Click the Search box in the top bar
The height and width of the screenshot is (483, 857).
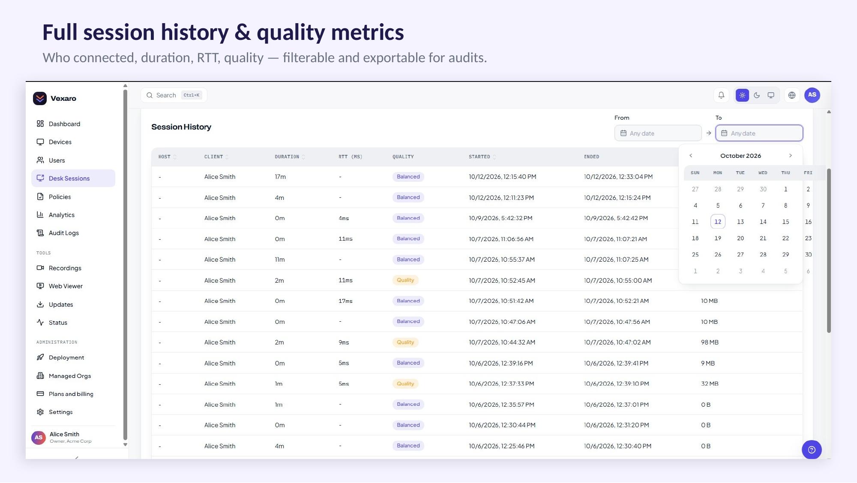click(174, 95)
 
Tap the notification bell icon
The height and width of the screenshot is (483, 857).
click(721, 95)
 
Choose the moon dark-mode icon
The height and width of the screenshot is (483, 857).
click(757, 95)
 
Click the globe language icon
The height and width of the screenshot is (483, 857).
click(792, 95)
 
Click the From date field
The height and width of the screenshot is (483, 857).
click(658, 133)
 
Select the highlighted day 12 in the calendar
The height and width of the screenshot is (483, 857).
click(718, 222)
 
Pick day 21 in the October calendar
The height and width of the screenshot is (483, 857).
click(763, 238)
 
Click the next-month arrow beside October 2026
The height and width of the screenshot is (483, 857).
click(791, 156)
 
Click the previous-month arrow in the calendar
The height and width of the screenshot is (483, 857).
click(691, 156)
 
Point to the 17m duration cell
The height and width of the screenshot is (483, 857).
click(280, 177)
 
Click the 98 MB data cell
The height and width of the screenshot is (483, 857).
click(710, 342)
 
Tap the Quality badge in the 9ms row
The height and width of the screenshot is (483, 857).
click(405, 342)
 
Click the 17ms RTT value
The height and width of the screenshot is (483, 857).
click(345, 301)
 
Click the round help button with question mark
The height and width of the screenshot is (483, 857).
click(812, 450)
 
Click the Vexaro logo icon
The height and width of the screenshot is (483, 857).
click(40, 98)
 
